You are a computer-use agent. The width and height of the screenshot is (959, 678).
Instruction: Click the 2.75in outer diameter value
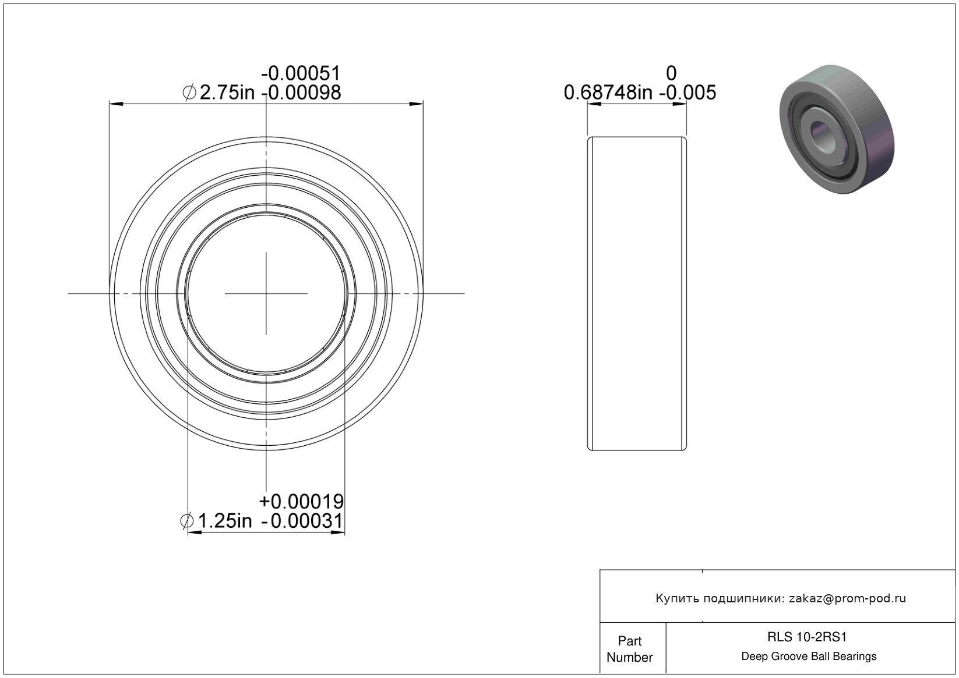click(227, 93)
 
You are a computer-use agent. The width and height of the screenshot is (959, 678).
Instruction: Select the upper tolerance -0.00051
click(301, 73)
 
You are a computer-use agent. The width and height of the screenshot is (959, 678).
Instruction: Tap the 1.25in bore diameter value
click(225, 521)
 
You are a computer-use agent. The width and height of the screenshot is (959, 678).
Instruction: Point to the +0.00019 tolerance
click(301, 501)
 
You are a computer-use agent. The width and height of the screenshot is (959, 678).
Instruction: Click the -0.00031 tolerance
click(302, 521)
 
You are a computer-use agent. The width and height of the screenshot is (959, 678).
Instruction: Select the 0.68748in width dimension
click(608, 93)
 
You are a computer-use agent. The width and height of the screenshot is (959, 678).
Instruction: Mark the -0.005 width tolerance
click(687, 93)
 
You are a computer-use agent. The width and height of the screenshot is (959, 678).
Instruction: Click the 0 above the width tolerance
click(671, 73)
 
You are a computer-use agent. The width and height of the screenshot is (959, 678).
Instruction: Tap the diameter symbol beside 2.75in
click(189, 93)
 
